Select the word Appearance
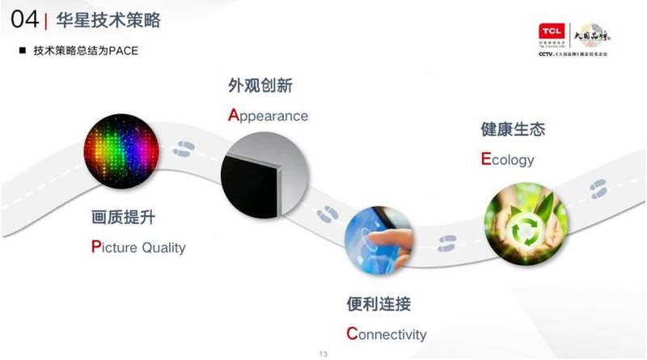pyautogui.click(x=268, y=115)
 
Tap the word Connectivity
pyautogui.click(x=386, y=334)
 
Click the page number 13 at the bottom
pyautogui.click(x=323, y=354)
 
